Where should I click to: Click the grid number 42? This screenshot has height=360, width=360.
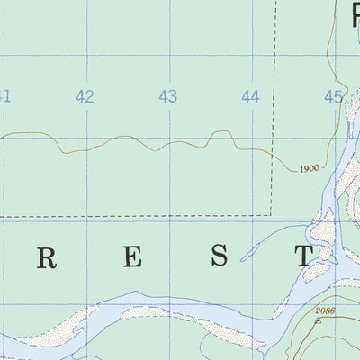(x=85, y=97)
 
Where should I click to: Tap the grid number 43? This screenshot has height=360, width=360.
(x=168, y=97)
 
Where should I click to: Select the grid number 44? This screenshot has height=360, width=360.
(x=250, y=97)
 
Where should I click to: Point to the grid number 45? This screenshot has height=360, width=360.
(x=334, y=97)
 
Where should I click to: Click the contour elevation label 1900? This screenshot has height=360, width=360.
(x=309, y=168)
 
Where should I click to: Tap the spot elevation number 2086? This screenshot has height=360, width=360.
(x=325, y=310)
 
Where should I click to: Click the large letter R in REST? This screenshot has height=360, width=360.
(x=47, y=257)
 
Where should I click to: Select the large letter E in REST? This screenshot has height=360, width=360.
(x=132, y=257)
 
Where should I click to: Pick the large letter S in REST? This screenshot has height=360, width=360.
(x=219, y=257)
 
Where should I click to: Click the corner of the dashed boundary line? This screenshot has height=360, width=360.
(x=272, y=215)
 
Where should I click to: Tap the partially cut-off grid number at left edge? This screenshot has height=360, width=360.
(x=4, y=97)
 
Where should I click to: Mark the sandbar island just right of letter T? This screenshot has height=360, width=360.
(x=324, y=234)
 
